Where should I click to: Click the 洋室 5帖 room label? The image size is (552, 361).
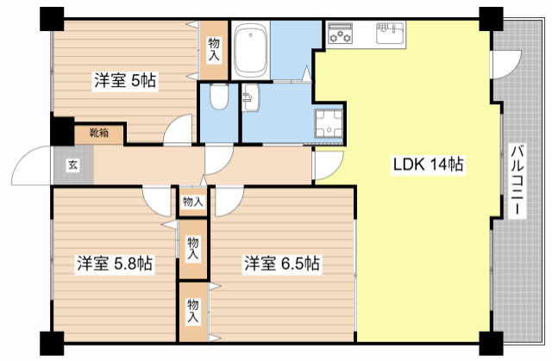124,82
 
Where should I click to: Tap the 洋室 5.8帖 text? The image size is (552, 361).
113,264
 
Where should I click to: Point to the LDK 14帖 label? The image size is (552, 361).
429,164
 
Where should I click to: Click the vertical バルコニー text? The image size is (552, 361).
517,182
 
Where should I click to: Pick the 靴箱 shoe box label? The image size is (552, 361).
97,133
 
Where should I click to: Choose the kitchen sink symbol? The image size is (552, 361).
389,35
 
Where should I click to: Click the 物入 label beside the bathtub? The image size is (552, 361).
214,48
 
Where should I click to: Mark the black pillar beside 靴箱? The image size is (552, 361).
61,130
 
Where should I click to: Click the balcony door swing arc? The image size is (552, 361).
505,65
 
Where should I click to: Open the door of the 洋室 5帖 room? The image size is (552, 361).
179,130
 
